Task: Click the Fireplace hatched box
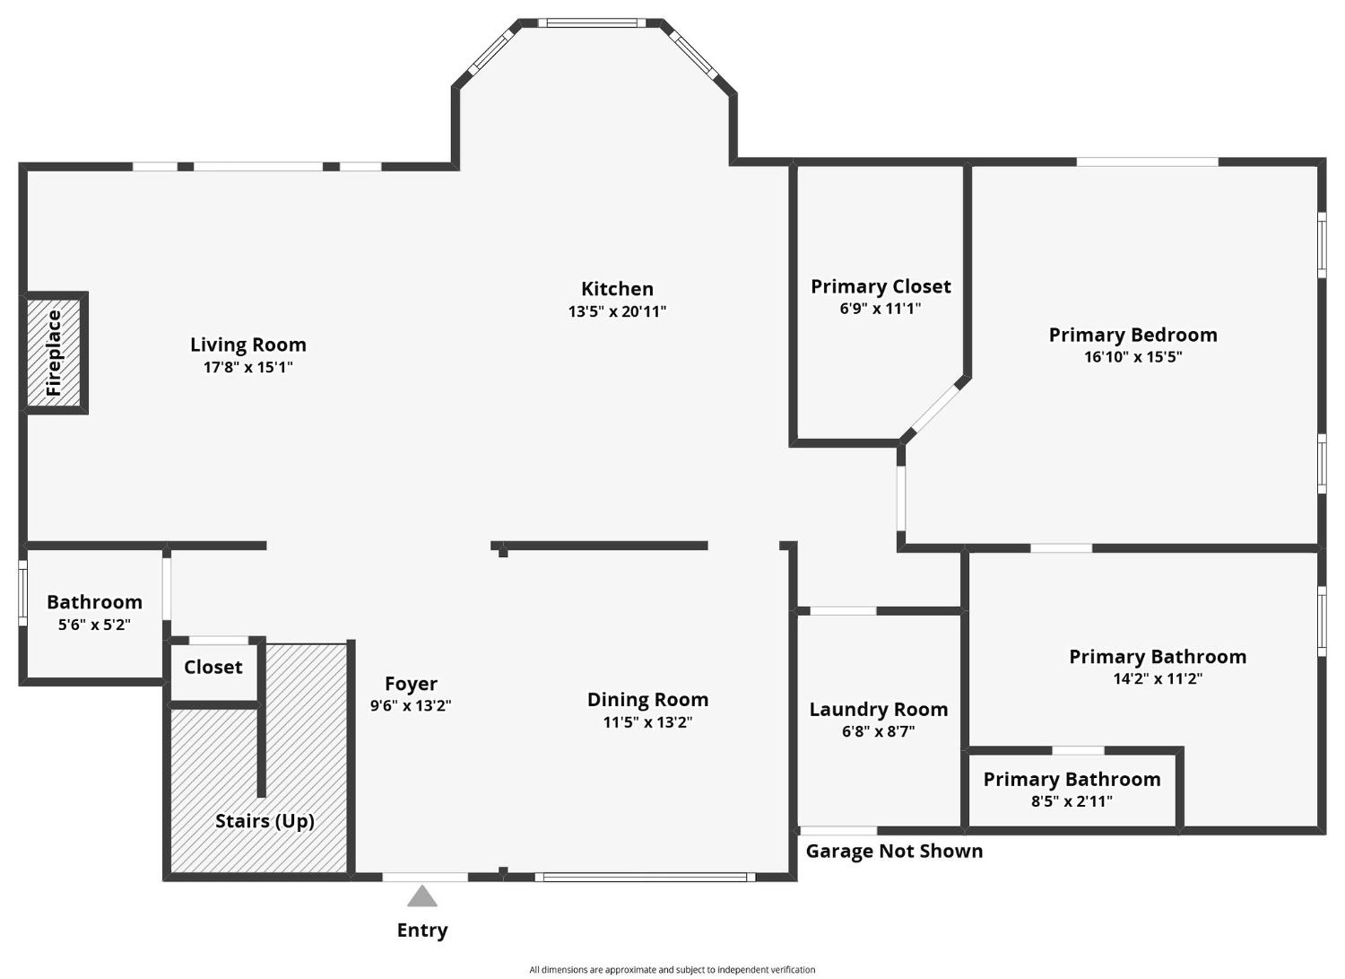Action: point(54,353)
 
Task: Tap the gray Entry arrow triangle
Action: point(422,896)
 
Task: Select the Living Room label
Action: point(248,345)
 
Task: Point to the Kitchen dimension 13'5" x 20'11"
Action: point(617,312)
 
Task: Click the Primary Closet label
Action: point(881,286)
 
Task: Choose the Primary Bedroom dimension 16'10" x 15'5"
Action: point(1132,357)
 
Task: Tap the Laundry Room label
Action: point(879,709)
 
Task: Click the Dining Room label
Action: point(647,700)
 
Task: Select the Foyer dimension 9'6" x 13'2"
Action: point(411,706)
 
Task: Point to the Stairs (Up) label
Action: point(265,821)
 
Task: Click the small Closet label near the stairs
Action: point(213,667)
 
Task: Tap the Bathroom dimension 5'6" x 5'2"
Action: point(94,625)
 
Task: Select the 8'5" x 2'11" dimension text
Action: point(1072,801)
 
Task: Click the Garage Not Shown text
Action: point(894,851)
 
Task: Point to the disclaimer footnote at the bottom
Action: point(672,970)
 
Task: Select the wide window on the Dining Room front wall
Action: point(646,877)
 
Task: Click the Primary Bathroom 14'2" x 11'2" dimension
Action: point(1158,679)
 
